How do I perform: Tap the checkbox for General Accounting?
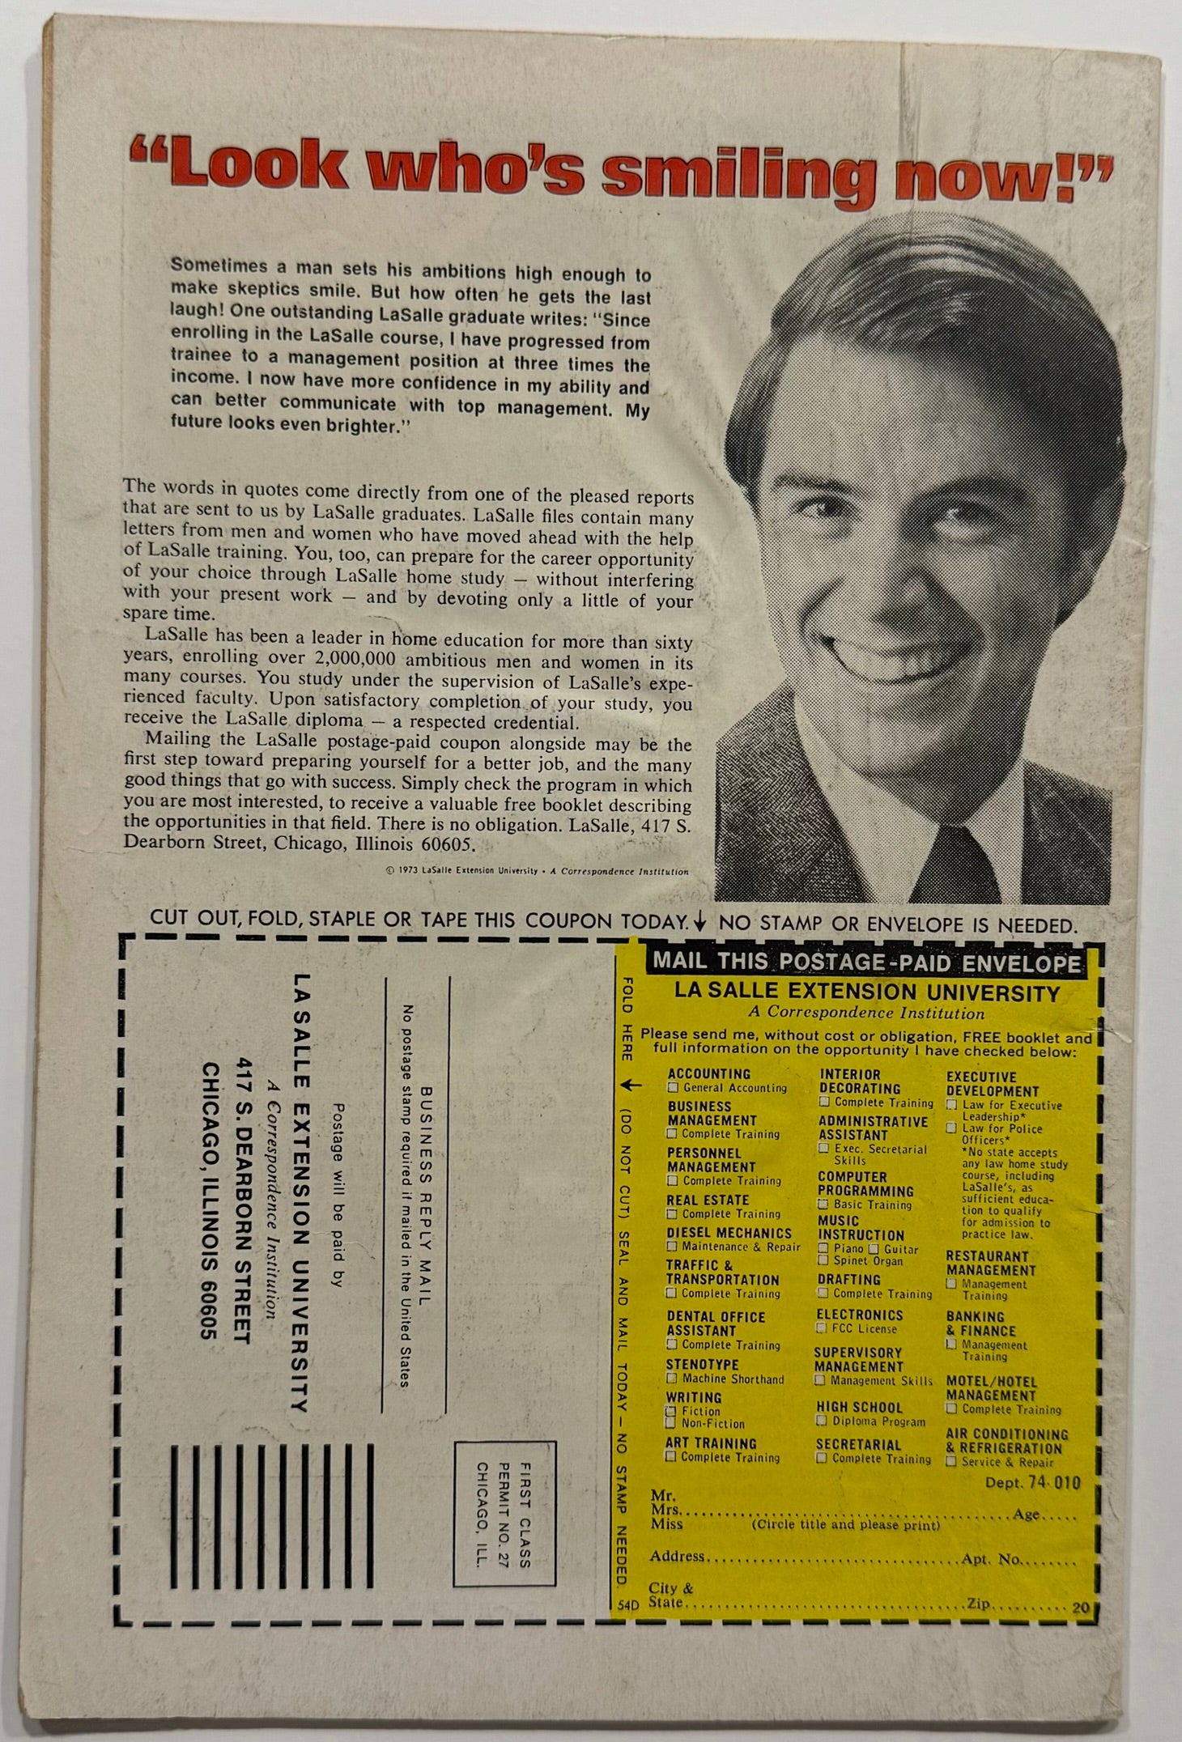coord(672,1089)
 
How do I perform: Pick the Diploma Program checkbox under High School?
coord(823,1421)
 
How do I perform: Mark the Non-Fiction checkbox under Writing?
coord(671,1424)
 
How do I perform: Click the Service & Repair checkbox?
coord(953,1462)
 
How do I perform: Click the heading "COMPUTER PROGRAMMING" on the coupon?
coord(865,1184)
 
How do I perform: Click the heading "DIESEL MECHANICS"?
coord(729,1233)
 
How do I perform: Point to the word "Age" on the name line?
coord(1027,1515)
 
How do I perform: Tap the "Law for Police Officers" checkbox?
coord(953,1128)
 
